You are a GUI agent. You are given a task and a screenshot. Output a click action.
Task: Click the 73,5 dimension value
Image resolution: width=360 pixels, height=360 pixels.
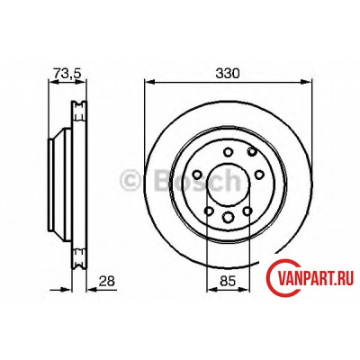pos(67,73)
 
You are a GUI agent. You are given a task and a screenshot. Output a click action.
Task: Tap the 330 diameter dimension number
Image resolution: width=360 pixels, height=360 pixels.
pos(228,73)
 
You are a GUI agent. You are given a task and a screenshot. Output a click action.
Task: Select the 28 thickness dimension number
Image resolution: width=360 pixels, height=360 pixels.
pos(106,281)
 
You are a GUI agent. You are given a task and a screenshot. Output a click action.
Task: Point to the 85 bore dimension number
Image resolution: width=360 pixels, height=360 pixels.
pos(228,281)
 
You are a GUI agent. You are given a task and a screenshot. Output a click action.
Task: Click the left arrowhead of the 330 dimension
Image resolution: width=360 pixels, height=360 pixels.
pos(149,82)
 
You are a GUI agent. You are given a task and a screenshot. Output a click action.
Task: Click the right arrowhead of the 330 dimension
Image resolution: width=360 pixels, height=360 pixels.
pos(307,82)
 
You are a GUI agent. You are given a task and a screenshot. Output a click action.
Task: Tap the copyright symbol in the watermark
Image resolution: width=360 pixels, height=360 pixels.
pos(130,180)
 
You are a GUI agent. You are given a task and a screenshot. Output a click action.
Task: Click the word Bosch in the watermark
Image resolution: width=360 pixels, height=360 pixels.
pos(197,180)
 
